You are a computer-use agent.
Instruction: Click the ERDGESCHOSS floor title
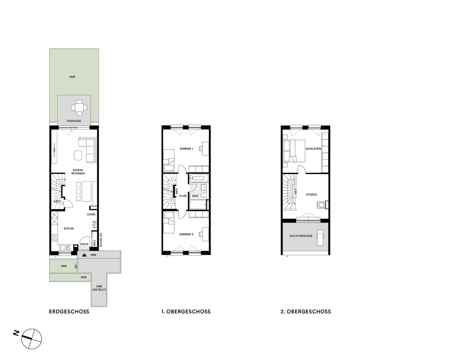69,312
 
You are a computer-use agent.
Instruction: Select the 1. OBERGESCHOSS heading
183,312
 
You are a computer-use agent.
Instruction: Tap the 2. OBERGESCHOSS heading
305,312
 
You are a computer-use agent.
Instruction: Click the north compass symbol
32,338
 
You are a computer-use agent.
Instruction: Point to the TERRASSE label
74,121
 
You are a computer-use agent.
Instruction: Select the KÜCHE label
68,228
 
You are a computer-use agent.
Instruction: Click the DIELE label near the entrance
84,244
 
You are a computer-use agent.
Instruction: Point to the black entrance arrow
84,255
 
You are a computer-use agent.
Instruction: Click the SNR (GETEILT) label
98,288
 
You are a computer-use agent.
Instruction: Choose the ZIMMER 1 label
186,149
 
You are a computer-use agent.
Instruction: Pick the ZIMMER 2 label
186,234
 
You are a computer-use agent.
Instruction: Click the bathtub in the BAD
198,178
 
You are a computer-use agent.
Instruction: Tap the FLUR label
183,196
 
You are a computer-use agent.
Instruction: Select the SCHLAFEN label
313,149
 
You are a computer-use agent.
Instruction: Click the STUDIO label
311,195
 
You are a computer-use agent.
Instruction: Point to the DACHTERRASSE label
301,236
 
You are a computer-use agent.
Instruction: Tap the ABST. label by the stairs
57,201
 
